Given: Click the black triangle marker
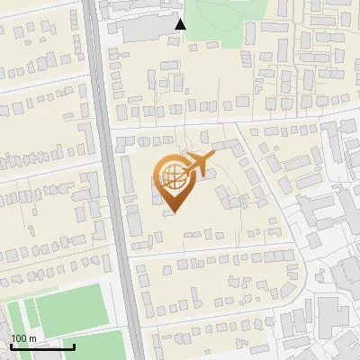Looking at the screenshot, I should click(180, 24).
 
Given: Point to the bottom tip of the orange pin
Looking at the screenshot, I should click(173, 212).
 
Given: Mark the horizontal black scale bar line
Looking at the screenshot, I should click(42, 346).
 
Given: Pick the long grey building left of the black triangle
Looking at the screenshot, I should click(144, 32).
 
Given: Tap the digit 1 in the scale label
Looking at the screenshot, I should click(13, 338).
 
